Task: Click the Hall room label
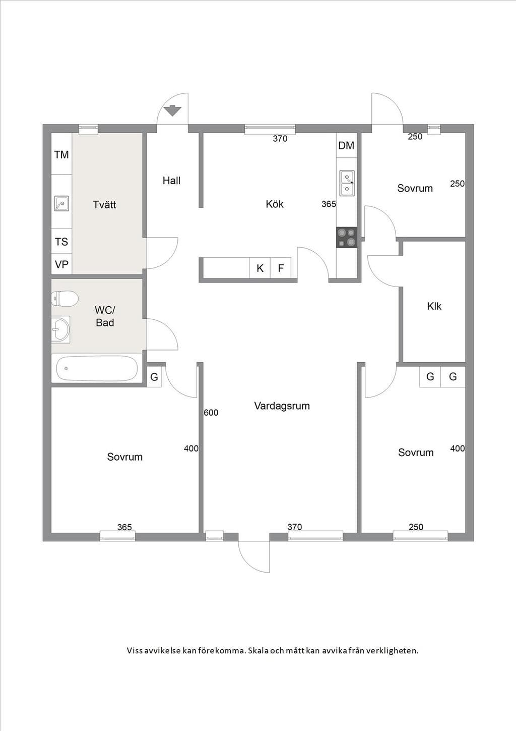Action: click(171, 181)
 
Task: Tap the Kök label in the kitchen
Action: click(275, 204)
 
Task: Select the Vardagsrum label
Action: click(282, 406)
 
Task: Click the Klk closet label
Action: click(434, 306)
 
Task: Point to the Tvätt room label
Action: click(104, 205)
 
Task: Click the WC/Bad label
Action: click(105, 316)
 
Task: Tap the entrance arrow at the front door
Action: click(172, 111)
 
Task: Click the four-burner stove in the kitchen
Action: click(347, 237)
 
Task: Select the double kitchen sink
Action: click(347, 184)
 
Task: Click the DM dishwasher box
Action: click(347, 146)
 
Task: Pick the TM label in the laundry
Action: click(61, 154)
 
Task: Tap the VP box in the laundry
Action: click(61, 264)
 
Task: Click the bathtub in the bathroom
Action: click(97, 368)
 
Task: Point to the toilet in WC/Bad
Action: click(65, 298)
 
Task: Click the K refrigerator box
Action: click(260, 268)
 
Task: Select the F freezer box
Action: click(281, 268)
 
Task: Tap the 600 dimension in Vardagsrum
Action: click(211, 413)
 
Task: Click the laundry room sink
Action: click(61, 204)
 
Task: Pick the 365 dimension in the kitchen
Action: click(329, 204)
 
